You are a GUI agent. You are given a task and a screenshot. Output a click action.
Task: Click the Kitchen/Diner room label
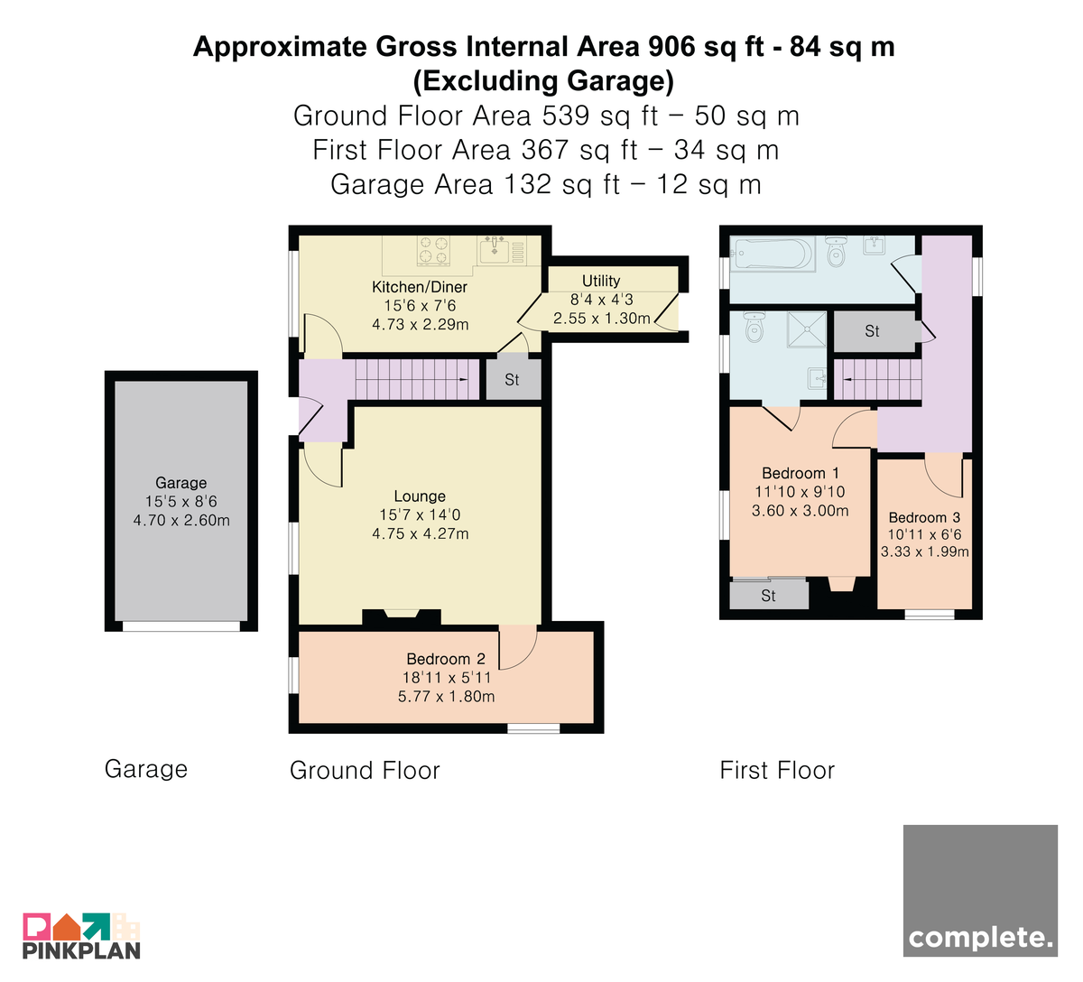420,287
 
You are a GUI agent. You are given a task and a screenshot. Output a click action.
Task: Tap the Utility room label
601,281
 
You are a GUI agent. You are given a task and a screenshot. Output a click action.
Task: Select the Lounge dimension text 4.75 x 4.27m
420,533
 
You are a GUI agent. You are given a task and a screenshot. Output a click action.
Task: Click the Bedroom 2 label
446,659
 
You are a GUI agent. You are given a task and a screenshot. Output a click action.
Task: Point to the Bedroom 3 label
924,517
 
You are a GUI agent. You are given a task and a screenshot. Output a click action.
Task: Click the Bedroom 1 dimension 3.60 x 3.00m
801,511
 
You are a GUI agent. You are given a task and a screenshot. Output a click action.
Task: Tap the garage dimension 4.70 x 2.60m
181,520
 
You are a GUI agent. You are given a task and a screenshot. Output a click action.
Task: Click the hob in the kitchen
433,251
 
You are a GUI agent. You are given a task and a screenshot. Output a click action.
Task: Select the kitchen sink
494,249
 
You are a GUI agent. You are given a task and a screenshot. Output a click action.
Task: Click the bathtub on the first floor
772,253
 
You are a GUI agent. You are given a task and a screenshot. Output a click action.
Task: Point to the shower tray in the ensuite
807,329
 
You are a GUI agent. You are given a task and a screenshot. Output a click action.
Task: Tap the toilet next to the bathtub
836,251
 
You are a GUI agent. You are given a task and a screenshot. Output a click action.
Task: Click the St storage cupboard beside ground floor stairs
514,379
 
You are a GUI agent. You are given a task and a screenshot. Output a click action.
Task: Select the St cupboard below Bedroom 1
769,596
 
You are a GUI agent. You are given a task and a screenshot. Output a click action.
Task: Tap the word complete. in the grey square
980,937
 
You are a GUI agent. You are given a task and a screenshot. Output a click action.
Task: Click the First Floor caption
777,770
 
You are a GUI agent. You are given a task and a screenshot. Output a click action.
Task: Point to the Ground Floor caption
365,770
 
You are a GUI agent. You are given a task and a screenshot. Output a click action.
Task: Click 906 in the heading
672,46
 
